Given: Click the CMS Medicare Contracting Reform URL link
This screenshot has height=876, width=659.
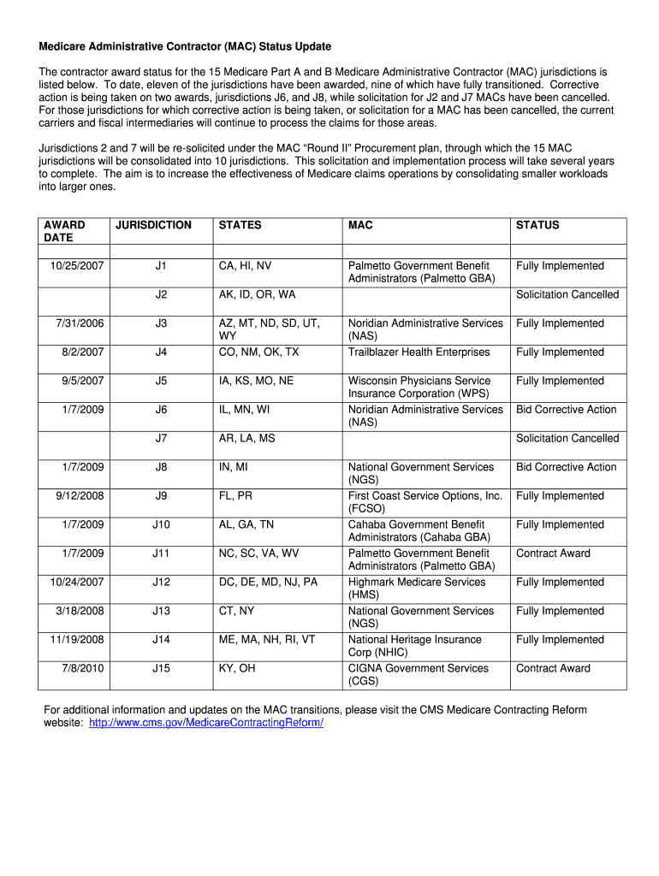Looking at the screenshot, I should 205,723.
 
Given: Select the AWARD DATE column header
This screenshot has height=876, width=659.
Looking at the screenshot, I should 64,231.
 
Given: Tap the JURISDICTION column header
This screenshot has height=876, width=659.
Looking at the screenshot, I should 154,225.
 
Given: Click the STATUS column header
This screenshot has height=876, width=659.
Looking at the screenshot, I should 537,225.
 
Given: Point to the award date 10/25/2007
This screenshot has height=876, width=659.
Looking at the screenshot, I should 77,266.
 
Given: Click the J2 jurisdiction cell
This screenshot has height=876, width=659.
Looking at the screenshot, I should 161,295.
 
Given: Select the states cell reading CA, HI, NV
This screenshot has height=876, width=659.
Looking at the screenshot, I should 245,266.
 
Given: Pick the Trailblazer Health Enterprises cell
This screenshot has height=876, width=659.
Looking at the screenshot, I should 419,352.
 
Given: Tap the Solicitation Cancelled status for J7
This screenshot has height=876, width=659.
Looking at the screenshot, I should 567,439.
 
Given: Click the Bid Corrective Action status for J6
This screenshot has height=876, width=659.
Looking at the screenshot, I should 566,410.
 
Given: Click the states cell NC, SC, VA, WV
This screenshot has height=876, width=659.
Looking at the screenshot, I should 258,553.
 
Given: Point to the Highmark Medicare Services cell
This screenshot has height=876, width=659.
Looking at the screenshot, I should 416,589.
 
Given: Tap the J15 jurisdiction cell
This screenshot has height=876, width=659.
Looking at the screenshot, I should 161,669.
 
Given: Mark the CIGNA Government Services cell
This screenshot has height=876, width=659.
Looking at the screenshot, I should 418,675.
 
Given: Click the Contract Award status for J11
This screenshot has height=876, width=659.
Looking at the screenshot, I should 553,553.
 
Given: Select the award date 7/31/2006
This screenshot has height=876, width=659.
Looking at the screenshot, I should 80,323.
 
